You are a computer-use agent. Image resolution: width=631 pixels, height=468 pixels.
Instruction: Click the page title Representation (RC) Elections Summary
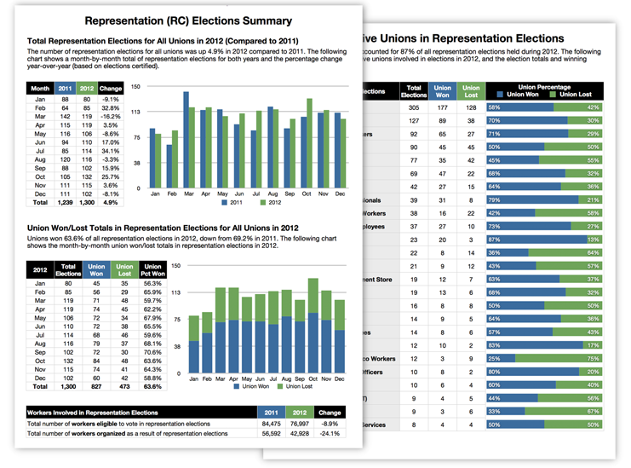coord(189,20)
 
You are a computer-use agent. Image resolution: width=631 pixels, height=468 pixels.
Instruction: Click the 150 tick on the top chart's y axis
coord(135,87)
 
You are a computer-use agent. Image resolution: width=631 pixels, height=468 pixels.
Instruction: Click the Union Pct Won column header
coord(153,272)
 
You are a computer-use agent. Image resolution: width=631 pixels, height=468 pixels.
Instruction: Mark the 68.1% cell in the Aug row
coord(153,342)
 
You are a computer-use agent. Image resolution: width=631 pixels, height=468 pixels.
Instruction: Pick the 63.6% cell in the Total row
coord(153,386)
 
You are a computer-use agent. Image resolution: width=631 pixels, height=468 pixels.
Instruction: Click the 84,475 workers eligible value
coord(271,423)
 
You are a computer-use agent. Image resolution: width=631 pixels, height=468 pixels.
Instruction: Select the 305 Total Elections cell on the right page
coord(414,107)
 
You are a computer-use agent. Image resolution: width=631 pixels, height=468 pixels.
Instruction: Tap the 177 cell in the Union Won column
coord(443,107)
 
